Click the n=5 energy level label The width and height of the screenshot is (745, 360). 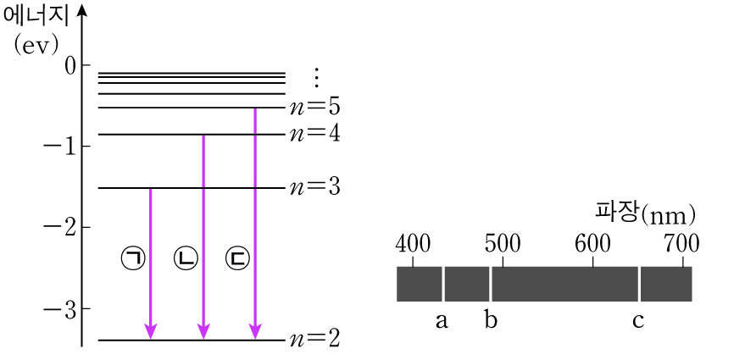(314, 108)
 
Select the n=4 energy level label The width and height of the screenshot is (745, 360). (314, 135)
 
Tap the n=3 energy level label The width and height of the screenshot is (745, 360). (314, 187)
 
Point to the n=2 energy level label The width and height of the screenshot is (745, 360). (314, 339)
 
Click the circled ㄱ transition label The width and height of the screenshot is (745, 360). (133, 258)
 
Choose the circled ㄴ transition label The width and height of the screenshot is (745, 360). (186, 258)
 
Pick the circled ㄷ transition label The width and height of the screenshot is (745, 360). (238, 258)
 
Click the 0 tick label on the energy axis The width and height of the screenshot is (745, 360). (70, 65)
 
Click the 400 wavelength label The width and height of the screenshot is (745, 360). (414, 244)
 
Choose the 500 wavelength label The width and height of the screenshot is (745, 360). (502, 244)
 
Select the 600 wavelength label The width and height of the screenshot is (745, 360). (592, 244)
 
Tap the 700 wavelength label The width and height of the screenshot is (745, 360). (681, 244)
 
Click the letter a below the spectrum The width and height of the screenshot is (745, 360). (441, 321)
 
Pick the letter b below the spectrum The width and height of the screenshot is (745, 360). (490, 319)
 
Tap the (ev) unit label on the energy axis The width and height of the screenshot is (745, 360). (35, 45)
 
